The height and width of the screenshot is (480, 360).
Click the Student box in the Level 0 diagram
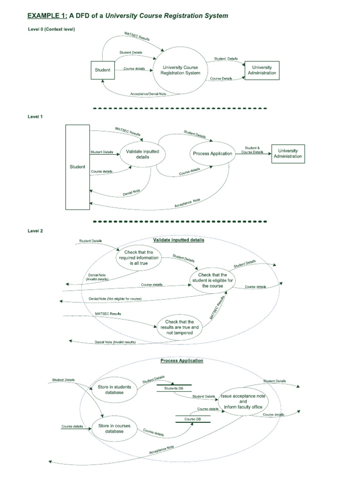103,70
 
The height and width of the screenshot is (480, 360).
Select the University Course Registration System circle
180,70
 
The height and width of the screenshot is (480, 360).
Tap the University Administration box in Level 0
262,70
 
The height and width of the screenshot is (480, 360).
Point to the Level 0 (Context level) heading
51,30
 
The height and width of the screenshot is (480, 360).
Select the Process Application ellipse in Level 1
212,154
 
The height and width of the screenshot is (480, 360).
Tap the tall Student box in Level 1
77,167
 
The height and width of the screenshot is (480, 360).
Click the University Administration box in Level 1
288,153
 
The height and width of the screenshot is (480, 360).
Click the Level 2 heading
35,231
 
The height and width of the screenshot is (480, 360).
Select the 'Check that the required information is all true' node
138,258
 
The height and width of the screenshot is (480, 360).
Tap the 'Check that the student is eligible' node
213,280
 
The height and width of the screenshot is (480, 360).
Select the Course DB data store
193,419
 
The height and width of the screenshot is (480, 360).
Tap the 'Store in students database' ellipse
111,390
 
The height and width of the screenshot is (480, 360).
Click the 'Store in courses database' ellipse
111,428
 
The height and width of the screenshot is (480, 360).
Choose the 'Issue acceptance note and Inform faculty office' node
242,402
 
